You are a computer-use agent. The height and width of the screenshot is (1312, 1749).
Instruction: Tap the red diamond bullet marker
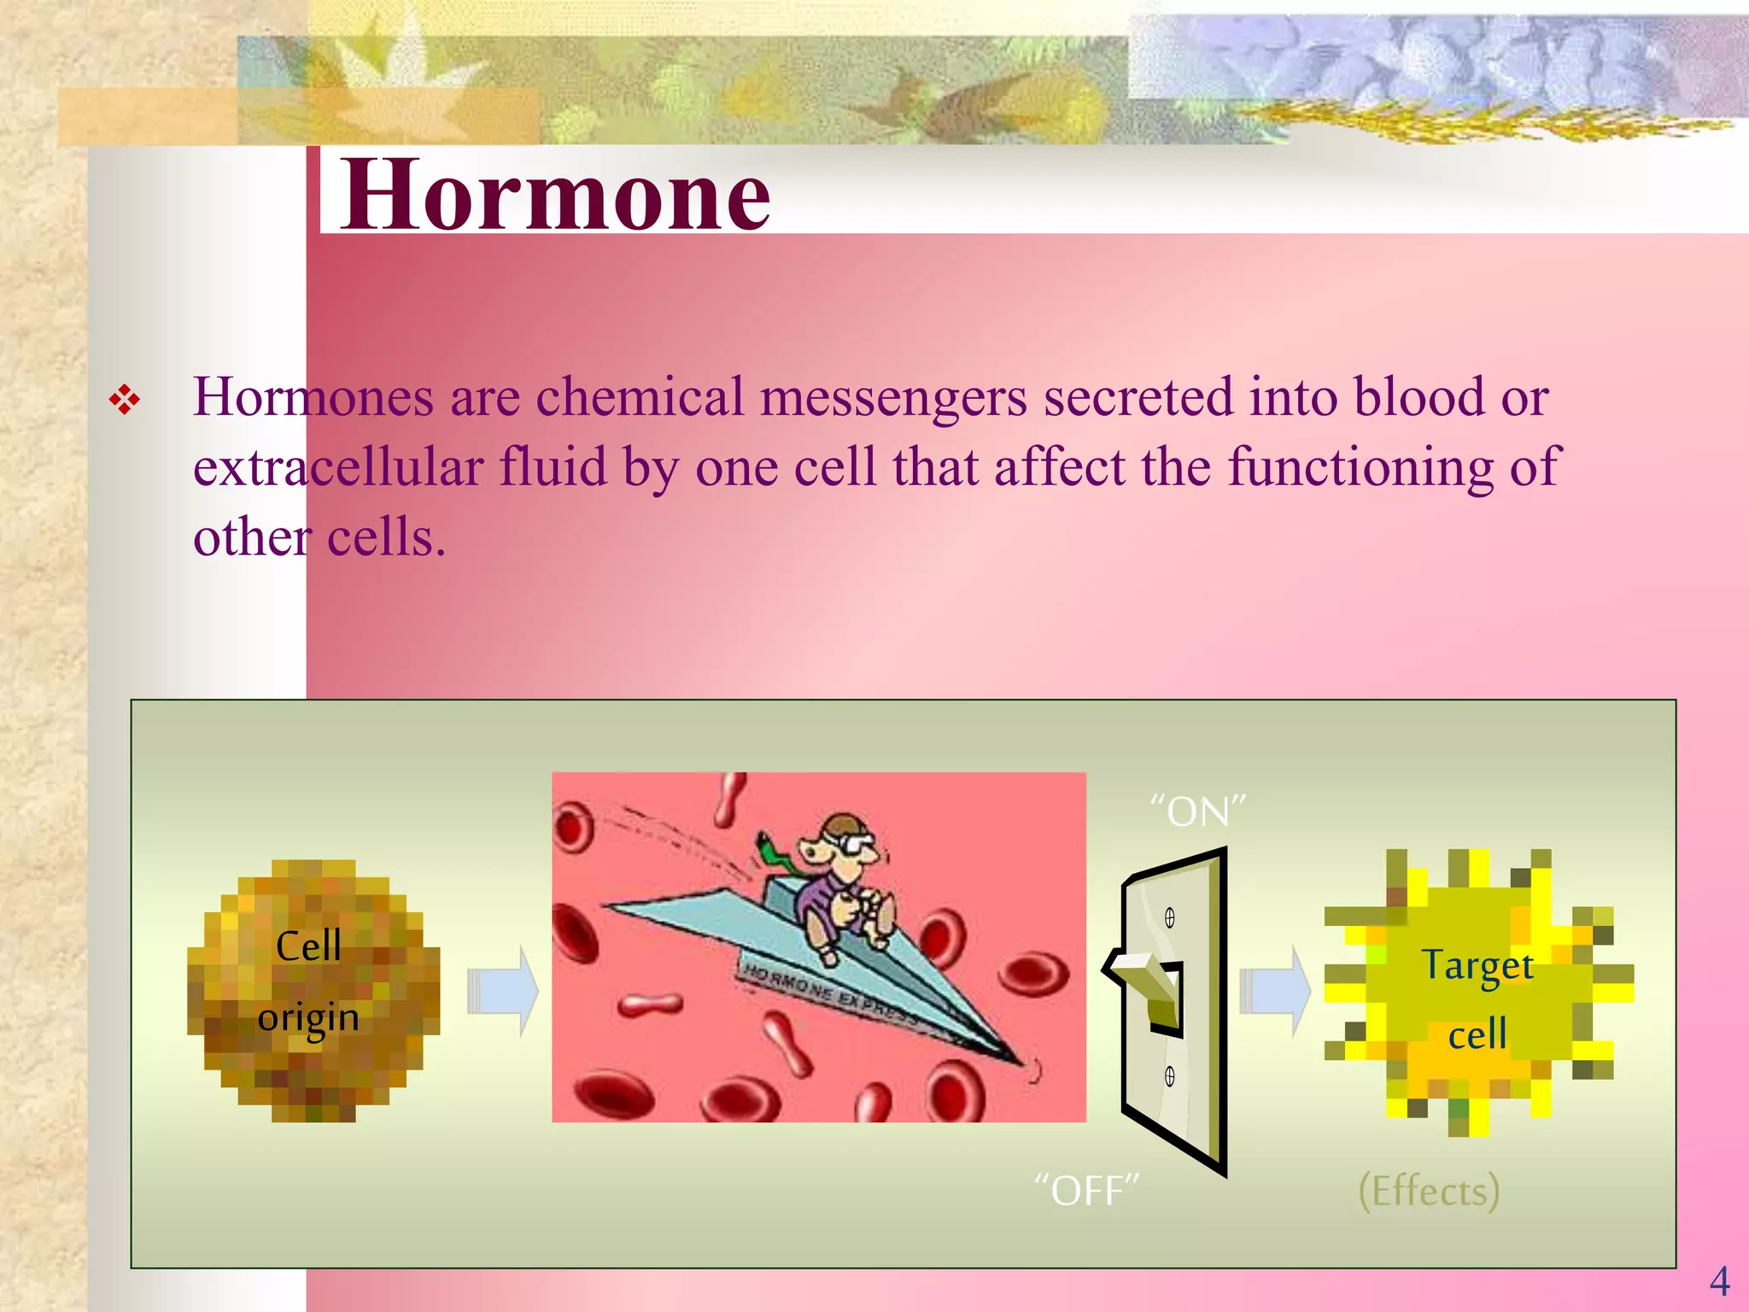[125, 400]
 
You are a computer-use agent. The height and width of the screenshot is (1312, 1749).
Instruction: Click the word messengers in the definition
[893, 397]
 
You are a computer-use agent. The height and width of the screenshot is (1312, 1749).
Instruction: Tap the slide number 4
[1719, 1281]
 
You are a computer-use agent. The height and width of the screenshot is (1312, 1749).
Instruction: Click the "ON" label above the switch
[1197, 811]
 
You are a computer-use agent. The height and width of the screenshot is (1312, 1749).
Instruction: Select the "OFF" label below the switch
[1086, 1190]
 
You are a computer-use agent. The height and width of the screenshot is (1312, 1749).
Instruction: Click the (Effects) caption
[1429, 1190]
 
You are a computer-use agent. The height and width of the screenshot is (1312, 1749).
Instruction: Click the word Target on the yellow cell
[1477, 966]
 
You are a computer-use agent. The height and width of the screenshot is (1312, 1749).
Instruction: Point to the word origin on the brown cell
[308, 1018]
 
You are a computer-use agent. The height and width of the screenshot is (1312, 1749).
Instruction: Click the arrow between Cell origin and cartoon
[503, 991]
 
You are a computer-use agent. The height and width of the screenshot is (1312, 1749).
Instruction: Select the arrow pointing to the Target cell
[1275, 991]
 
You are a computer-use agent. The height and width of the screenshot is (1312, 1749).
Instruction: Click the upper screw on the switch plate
[1170, 918]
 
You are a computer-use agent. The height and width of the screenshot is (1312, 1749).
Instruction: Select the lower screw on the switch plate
[1170, 1076]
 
